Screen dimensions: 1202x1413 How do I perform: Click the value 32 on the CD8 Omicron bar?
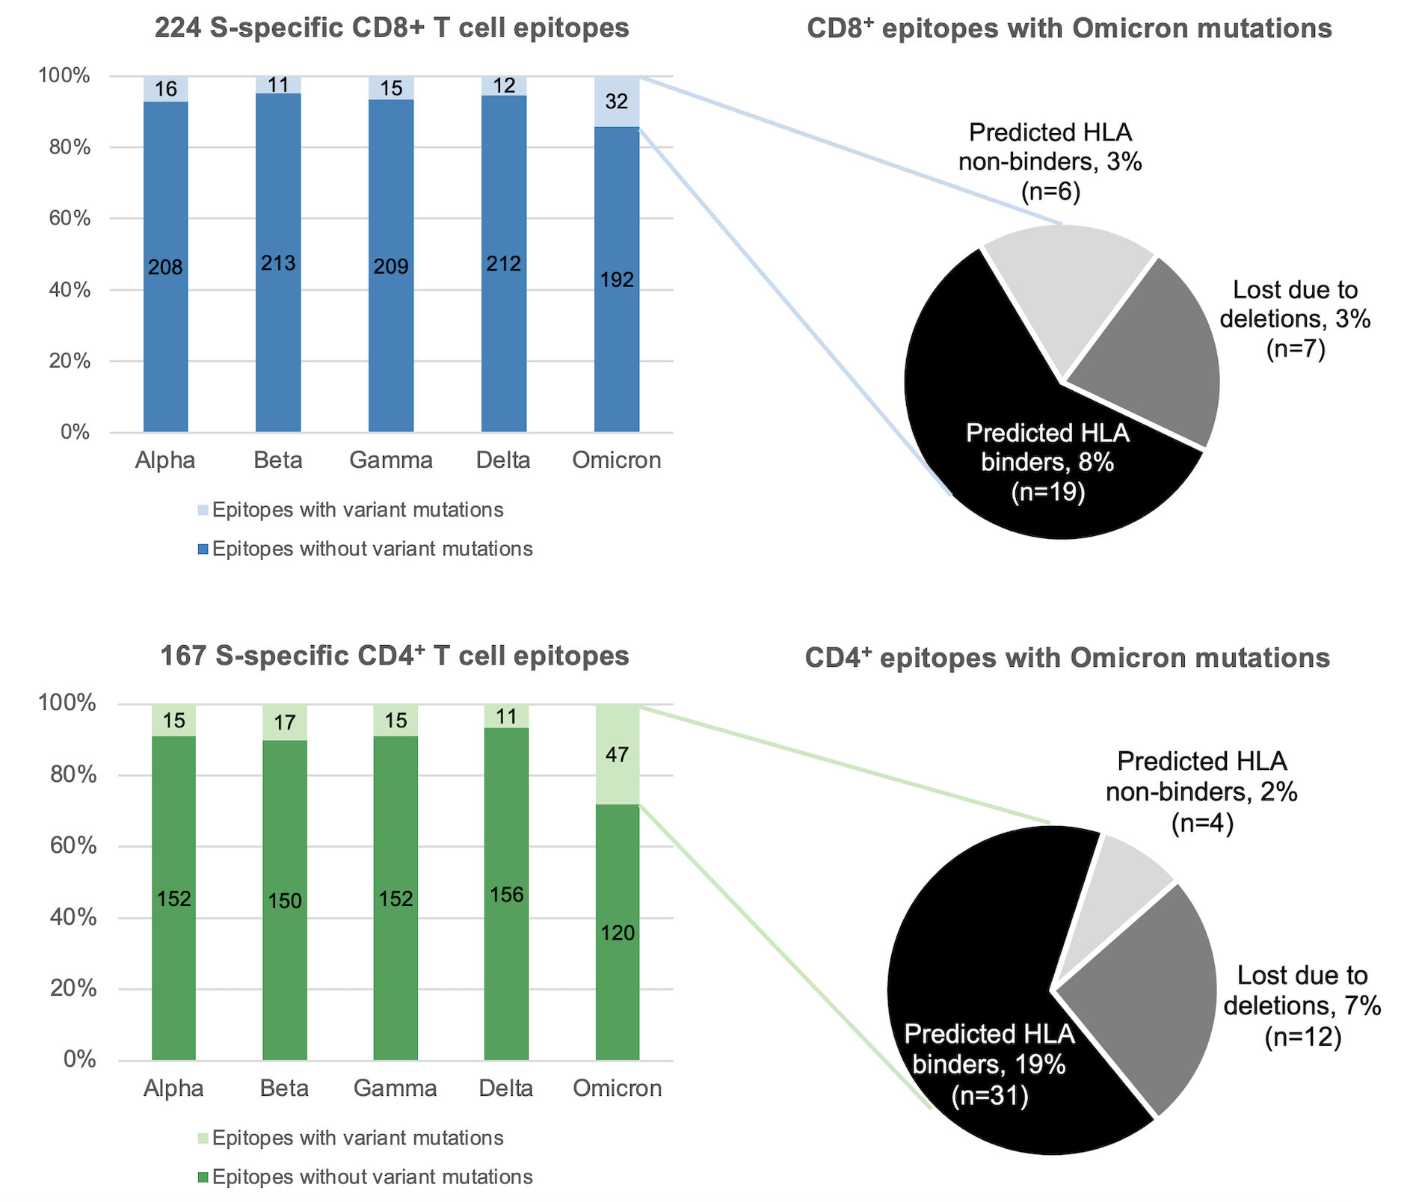tap(616, 102)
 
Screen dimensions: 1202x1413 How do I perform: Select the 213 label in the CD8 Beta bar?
tap(278, 263)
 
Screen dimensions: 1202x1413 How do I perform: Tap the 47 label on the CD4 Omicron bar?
tap(617, 755)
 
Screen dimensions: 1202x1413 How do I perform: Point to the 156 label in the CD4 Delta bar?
tap(506, 894)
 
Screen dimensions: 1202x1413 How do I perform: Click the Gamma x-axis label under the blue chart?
tap(391, 460)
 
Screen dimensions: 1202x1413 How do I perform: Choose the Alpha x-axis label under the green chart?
tap(173, 1088)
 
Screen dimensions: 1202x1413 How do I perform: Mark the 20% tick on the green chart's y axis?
tap(78, 989)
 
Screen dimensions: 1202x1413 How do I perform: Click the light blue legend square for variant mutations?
tap(203, 511)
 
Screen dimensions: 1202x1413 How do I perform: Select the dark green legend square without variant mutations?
tap(203, 1177)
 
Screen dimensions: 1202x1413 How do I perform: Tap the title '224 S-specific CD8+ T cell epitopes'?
tap(392, 28)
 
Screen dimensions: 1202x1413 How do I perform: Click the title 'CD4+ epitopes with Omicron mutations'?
tap(1067, 658)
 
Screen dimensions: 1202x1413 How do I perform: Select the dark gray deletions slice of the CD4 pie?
tap(1144, 994)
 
